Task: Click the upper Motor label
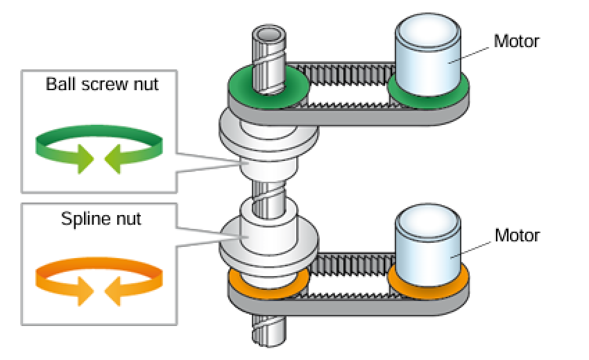click(516, 41)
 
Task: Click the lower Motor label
click(516, 235)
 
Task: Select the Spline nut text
click(101, 219)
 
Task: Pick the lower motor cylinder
click(428, 246)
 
